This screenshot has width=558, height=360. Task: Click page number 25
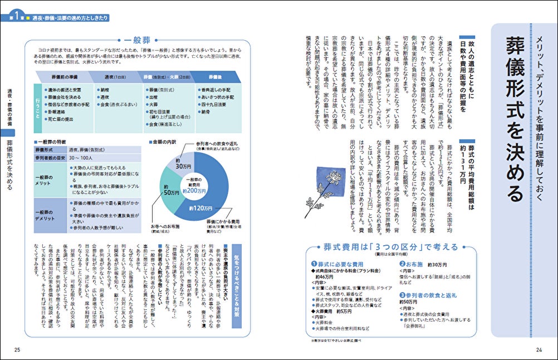pyautogui.click(x=17, y=349)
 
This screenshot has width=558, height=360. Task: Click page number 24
pyautogui.click(x=539, y=349)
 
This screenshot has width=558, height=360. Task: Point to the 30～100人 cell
pyautogui.click(x=81, y=159)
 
